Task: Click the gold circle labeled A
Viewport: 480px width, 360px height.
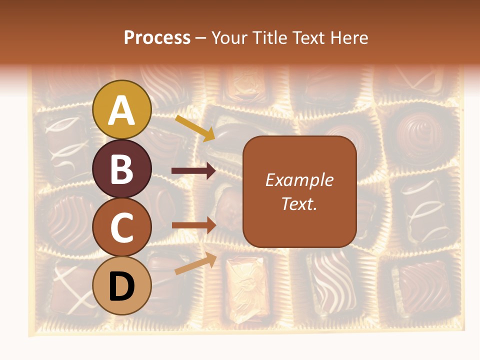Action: [x=122, y=109]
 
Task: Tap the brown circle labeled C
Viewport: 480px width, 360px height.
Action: [x=122, y=227]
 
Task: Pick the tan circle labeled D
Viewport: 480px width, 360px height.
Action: [x=122, y=286]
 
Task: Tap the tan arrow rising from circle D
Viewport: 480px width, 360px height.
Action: [x=195, y=264]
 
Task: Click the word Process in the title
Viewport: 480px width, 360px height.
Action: [x=157, y=38]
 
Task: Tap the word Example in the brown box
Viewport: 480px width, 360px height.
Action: [x=299, y=180]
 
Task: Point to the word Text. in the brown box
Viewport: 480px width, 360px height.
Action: [x=299, y=203]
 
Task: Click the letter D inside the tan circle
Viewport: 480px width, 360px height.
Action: [x=122, y=287]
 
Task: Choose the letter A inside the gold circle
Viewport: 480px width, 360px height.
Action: [x=122, y=110]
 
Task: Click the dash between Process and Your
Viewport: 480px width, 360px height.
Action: [x=201, y=38]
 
